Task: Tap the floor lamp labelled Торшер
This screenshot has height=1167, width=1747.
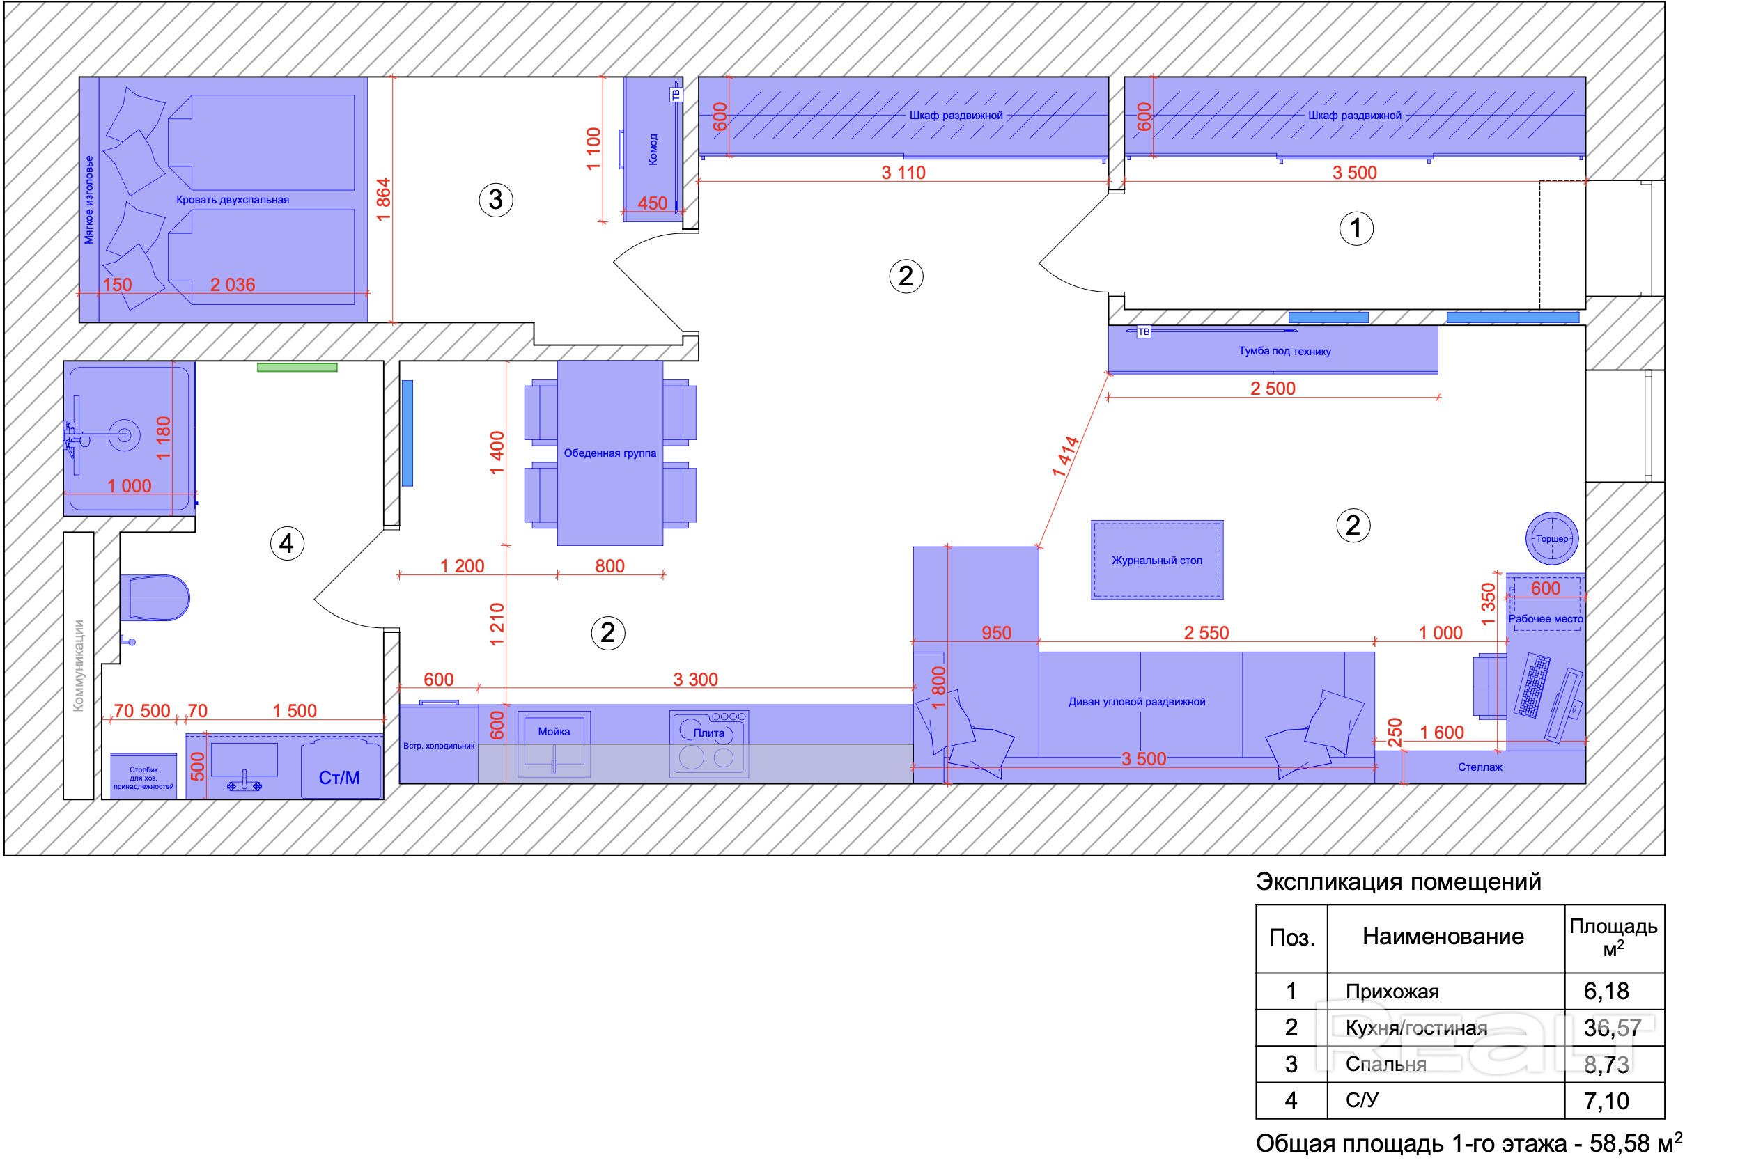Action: click(x=1552, y=538)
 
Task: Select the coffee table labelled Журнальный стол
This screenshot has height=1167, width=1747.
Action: click(x=1158, y=560)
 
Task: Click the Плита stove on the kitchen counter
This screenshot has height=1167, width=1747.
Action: click(x=708, y=744)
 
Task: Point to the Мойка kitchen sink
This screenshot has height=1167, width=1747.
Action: click(x=554, y=744)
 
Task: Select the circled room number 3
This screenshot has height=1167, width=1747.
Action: click(x=496, y=199)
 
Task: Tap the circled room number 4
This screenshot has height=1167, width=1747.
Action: click(x=286, y=543)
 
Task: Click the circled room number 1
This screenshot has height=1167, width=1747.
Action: click(x=1356, y=228)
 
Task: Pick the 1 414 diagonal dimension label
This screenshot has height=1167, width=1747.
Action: click(x=1065, y=457)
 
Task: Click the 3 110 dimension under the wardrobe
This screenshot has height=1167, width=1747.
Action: click(x=903, y=173)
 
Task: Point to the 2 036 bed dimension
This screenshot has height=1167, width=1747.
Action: click(x=232, y=284)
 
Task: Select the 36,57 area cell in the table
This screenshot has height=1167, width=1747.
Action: click(x=1613, y=1028)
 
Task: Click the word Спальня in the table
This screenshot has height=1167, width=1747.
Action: click(x=1386, y=1064)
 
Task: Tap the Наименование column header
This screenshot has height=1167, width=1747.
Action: click(x=1443, y=937)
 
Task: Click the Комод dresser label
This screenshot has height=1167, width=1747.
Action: click(x=653, y=149)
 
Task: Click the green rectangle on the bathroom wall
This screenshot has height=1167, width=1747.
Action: click(x=297, y=367)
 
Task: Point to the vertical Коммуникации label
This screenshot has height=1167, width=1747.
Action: click(x=78, y=666)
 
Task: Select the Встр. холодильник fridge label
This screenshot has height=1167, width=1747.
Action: click(x=438, y=746)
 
